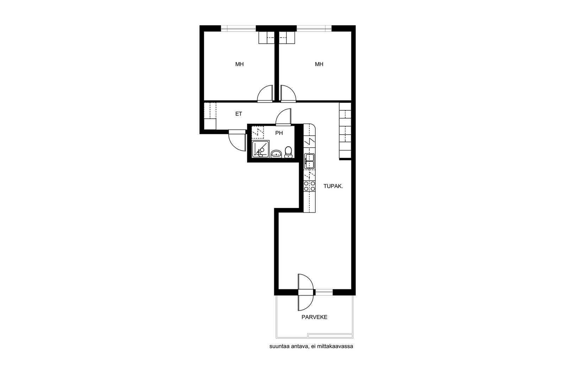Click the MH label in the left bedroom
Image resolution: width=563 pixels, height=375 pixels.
(239, 64)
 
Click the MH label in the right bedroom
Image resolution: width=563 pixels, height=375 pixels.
(319, 64)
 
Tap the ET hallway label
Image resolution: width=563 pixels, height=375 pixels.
(239, 114)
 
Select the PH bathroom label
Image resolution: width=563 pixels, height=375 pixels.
(279, 133)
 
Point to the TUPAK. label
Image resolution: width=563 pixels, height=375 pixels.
(333, 186)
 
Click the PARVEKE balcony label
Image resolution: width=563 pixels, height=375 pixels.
(315, 317)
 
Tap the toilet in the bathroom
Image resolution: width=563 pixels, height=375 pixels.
(288, 152)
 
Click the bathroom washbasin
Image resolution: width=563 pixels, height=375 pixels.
(277, 154)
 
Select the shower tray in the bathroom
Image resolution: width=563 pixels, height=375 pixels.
(260, 149)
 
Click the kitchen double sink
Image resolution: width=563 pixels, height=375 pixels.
(309, 161)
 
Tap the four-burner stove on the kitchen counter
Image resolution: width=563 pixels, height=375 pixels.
(309, 186)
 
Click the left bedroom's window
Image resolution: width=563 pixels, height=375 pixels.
(238, 28)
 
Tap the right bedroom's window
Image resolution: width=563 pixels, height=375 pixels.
(314, 28)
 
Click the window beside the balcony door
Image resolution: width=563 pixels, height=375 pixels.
(324, 292)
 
